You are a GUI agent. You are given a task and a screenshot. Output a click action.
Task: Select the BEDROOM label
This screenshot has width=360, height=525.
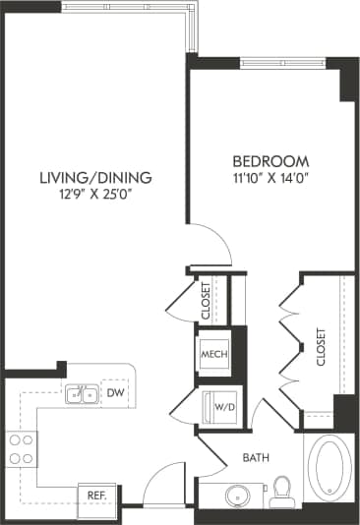click(270, 161)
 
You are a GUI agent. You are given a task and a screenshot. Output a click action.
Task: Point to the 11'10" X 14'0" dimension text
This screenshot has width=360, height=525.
click(270, 178)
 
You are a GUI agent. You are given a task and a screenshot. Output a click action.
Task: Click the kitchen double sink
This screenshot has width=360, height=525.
click(81, 395)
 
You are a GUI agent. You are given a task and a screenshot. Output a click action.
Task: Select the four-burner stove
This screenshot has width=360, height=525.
click(22, 449)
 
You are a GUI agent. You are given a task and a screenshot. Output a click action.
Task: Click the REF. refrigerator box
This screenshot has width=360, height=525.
click(97, 496)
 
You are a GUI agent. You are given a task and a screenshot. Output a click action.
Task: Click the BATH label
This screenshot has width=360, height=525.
click(258, 457)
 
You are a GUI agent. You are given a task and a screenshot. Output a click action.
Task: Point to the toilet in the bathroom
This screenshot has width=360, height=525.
click(283, 489)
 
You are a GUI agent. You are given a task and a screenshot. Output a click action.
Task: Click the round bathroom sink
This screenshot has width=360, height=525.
click(238, 494)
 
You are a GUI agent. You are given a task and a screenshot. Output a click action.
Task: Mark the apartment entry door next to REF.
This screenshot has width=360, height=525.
click(154, 489)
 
